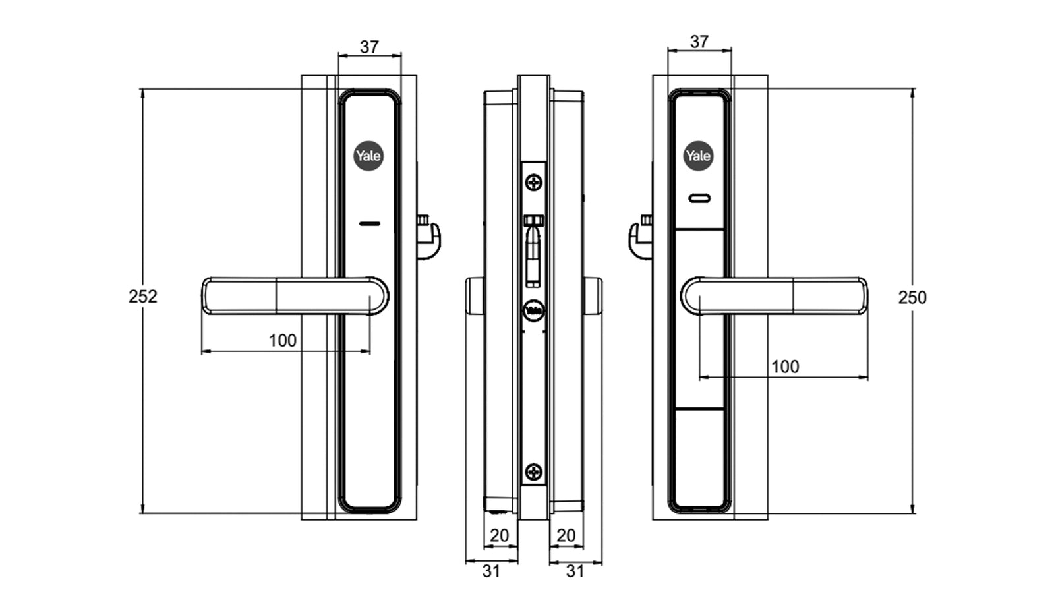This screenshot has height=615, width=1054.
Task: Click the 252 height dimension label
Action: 142,297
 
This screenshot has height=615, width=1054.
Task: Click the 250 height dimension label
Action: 912,297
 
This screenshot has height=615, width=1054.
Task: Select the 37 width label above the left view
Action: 369,47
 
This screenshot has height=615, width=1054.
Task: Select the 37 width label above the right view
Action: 699,42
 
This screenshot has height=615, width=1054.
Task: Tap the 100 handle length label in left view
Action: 282,340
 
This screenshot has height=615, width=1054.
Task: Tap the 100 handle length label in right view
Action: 784,366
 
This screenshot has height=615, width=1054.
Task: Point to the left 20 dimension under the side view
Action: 499,535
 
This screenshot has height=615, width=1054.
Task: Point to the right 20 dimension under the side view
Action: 566,535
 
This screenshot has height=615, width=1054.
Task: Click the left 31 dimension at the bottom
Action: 491,571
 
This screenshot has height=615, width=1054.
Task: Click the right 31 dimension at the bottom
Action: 575,571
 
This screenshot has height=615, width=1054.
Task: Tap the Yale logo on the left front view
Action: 368,156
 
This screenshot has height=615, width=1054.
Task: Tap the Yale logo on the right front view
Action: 698,156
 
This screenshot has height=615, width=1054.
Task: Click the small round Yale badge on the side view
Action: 533,310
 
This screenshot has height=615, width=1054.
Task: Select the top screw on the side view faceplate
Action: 533,182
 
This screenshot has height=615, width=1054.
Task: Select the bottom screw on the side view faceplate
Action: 533,472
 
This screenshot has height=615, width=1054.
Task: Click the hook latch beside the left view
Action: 429,237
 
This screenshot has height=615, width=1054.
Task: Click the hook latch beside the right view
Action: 639,237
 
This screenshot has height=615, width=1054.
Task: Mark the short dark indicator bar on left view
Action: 370,224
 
